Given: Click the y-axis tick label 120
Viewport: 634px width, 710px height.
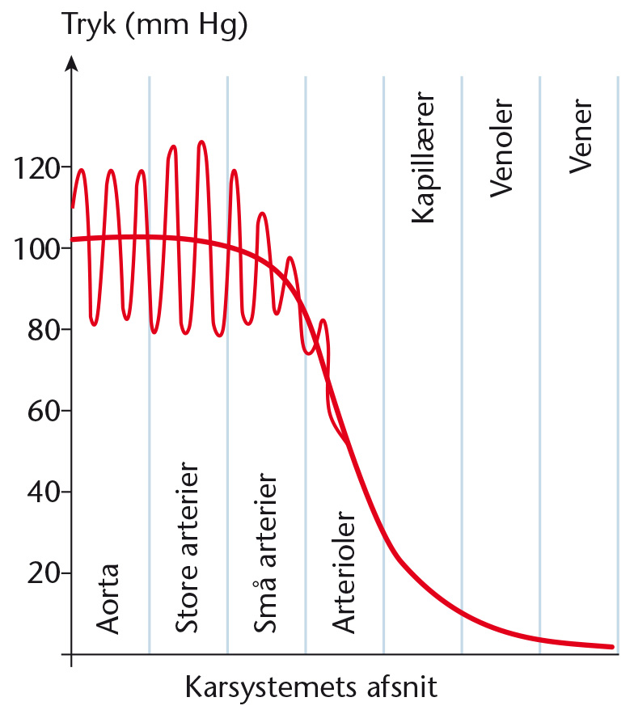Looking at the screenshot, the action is [37, 168].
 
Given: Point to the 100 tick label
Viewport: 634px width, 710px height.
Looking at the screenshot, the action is [37, 249].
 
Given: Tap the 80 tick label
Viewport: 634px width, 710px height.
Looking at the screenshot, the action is [44, 330].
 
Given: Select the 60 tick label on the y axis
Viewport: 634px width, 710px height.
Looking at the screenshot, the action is [44, 411].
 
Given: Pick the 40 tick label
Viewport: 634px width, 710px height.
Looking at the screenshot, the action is [44, 492].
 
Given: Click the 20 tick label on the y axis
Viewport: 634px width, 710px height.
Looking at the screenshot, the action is [44, 573].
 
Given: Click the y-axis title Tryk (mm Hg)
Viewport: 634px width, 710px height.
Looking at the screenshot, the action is [155, 25].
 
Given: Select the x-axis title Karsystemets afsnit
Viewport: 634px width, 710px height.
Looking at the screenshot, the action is [311, 687].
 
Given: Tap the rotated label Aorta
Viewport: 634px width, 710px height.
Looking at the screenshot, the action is [108, 598].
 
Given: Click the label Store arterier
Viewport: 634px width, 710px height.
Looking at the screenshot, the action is [187, 547].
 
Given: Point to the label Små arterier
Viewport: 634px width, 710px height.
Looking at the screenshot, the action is [265, 552].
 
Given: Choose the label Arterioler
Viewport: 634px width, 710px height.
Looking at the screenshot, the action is [344, 572].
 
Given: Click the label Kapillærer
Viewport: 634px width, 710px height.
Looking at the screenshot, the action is [423, 157].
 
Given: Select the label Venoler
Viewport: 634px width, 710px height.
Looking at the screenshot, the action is [501, 148].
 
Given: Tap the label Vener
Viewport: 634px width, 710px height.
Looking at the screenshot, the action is [581, 136].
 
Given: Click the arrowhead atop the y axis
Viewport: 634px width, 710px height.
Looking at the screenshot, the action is [71, 63].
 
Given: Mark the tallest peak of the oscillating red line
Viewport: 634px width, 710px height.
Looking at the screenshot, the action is [202, 142].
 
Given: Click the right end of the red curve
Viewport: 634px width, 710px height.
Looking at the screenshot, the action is [612, 647].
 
